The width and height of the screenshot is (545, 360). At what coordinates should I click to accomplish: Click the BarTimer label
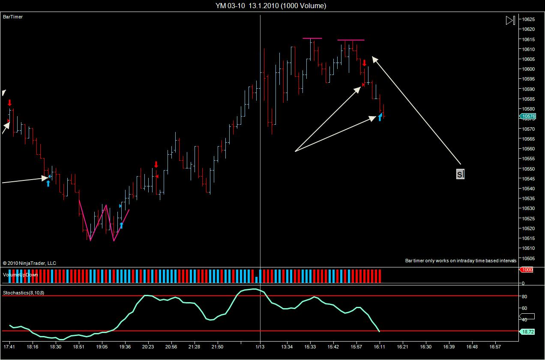[x=13, y=17]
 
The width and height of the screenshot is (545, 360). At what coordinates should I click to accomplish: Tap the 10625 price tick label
[x=528, y=19]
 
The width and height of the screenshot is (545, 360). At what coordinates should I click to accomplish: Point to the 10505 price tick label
[x=528, y=258]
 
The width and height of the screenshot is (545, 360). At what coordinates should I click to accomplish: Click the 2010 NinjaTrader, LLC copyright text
[x=30, y=263]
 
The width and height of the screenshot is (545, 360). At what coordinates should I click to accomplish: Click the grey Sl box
[x=460, y=174]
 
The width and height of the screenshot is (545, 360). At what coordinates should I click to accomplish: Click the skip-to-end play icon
[x=510, y=20]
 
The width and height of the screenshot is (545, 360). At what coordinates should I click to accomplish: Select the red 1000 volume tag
[x=526, y=270]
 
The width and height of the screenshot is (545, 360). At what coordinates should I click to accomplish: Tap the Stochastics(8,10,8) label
[x=24, y=293]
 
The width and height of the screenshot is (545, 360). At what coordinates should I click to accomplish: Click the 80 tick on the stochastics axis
[x=524, y=297]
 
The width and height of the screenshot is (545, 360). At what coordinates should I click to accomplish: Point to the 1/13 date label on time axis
[x=260, y=346]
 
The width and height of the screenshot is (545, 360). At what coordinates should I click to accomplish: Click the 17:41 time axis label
[x=9, y=346]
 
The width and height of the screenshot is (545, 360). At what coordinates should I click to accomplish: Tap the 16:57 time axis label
[x=495, y=346]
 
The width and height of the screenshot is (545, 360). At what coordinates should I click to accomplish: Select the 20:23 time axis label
[x=148, y=346]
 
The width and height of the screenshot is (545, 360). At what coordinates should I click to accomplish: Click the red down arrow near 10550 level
[x=156, y=165]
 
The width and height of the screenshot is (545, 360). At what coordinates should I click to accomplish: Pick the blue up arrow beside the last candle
[x=380, y=117]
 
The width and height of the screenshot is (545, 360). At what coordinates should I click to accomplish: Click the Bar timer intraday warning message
[x=461, y=261]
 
